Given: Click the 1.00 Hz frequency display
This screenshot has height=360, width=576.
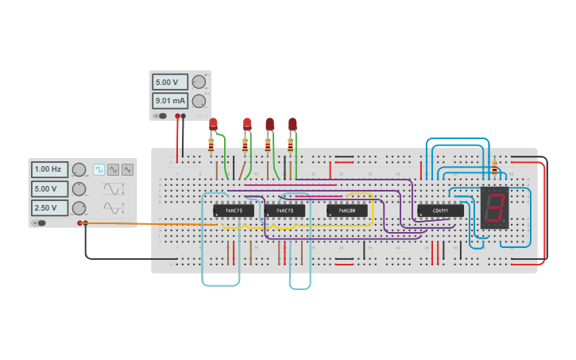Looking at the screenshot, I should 49,169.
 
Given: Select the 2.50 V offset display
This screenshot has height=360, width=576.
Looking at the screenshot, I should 49,207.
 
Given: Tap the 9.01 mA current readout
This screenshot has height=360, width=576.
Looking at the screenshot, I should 170,101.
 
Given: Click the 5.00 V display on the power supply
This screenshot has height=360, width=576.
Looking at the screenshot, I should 170,82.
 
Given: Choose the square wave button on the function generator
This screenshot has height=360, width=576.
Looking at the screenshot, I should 99,169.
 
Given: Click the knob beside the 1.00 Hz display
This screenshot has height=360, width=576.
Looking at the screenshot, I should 79,169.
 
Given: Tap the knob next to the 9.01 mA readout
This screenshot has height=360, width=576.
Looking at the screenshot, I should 199,101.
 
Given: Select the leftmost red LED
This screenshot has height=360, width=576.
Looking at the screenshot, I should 213,123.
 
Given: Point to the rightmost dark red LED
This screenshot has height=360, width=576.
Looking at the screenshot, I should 292,124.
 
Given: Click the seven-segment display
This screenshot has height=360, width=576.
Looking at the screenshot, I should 494,208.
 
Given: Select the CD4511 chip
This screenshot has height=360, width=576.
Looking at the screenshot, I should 440,211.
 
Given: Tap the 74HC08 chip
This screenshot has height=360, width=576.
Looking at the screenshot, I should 347,211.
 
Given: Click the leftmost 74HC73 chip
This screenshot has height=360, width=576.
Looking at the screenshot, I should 234,211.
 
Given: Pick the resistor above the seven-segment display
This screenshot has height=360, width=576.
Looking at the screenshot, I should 494,168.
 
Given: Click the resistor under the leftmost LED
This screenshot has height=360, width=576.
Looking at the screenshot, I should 211,145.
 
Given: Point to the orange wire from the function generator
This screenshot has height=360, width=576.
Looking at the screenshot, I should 151,223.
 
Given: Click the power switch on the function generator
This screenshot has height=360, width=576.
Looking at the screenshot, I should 40,223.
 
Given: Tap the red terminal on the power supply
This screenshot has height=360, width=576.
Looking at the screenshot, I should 177,116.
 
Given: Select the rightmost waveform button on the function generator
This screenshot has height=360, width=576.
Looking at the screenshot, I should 127,169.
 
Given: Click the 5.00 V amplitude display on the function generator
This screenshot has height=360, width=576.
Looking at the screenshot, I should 49,188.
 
